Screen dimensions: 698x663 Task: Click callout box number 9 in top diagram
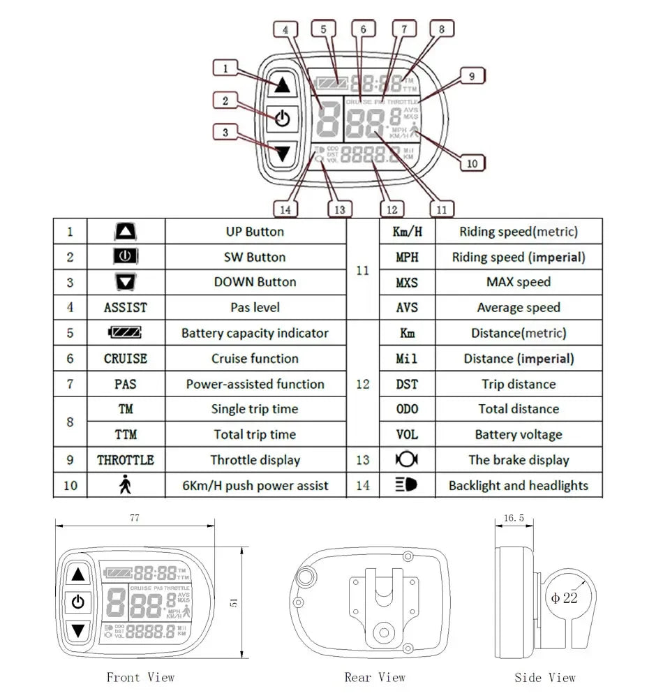click(x=472, y=76)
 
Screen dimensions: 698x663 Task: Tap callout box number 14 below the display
click(x=285, y=209)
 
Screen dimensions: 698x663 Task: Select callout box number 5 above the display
click(x=324, y=29)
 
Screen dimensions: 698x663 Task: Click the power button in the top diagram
click(x=282, y=118)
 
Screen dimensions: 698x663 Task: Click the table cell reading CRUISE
click(x=126, y=359)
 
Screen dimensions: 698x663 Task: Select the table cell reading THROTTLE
click(x=126, y=460)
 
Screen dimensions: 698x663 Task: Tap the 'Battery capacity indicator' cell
click(x=255, y=333)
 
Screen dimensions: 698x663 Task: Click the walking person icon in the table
click(x=126, y=486)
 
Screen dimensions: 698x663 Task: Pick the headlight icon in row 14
click(x=407, y=485)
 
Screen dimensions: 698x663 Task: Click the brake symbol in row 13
click(x=407, y=460)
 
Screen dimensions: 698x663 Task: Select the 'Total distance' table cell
click(x=519, y=409)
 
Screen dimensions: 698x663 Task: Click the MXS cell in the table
click(x=407, y=283)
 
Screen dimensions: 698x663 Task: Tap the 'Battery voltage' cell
click(x=519, y=435)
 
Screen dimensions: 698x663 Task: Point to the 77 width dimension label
click(x=134, y=518)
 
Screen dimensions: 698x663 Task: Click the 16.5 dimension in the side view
click(x=513, y=518)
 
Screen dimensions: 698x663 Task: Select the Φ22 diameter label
click(x=564, y=598)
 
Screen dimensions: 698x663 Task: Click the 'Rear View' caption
click(x=375, y=677)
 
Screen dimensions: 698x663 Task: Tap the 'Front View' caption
click(x=140, y=677)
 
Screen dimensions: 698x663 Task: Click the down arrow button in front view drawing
click(x=78, y=631)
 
